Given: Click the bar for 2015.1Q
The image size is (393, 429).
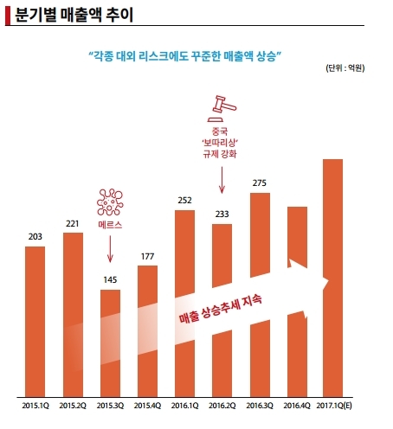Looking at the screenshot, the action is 35,322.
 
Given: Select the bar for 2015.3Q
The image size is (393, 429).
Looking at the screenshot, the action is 110,343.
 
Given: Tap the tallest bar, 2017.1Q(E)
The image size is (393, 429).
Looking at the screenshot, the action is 332,278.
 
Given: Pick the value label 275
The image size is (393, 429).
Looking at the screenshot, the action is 260,183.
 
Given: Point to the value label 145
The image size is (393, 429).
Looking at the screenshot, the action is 110,280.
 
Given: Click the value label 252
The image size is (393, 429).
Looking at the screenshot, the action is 184,201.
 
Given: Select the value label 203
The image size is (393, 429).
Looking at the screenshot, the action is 35,237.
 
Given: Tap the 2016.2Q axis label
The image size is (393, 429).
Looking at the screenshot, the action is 222,406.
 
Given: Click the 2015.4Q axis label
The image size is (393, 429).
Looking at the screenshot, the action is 147,406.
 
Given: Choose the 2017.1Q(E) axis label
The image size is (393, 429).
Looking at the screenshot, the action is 334,406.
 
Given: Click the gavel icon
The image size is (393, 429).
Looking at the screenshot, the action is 222,108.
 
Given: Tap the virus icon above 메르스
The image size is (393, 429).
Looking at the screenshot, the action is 110,202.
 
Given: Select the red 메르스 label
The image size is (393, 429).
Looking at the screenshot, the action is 110,225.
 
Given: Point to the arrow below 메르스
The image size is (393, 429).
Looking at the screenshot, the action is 110,249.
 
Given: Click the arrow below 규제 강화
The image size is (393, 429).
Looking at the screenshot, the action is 222,180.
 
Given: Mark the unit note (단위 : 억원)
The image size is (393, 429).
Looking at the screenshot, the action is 345,68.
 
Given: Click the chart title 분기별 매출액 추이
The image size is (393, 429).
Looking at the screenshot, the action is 74,15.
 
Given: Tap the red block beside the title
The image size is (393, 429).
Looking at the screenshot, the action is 8,16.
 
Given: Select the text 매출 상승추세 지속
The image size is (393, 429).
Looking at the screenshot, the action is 221,309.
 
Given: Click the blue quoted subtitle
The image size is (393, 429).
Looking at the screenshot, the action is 185,56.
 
